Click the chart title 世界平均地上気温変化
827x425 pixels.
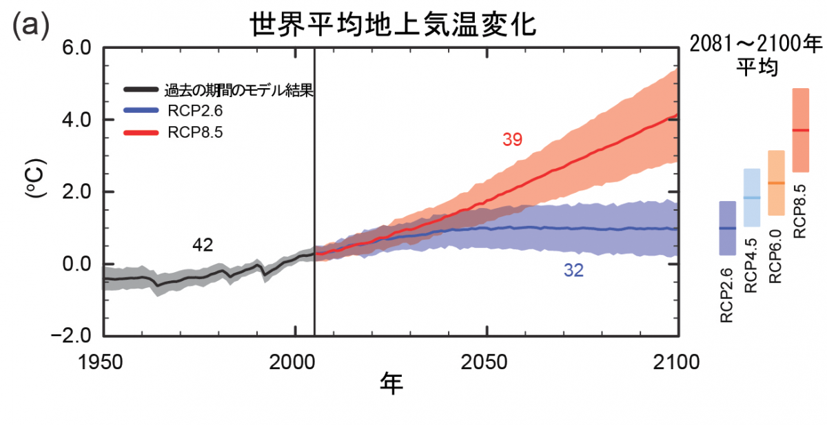pyautogui.click(x=393, y=25)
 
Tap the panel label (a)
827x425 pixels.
pyautogui.click(x=30, y=25)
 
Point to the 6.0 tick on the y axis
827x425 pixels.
pyautogui.click(x=76, y=48)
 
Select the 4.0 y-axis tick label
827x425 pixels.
pyautogui.click(x=76, y=121)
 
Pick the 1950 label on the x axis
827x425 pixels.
pyautogui.click(x=100, y=362)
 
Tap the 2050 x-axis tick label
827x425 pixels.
pyautogui.click(x=484, y=362)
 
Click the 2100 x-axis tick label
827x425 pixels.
pyautogui.click(x=676, y=362)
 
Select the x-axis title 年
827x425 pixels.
pyautogui.click(x=391, y=384)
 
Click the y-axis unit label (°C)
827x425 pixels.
pyautogui.click(x=36, y=178)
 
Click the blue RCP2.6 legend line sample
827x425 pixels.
pyautogui.click(x=141, y=110)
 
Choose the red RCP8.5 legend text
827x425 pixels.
pyautogui.click(x=195, y=132)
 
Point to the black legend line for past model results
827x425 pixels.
pyautogui.click(x=141, y=90)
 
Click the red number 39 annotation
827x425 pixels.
pyautogui.click(x=513, y=139)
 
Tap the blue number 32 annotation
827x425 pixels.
pyautogui.click(x=573, y=271)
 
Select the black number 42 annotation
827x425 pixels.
pyautogui.click(x=203, y=245)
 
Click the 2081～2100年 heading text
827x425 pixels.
pyautogui.click(x=756, y=44)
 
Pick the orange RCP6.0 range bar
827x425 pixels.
pyautogui.click(x=776, y=183)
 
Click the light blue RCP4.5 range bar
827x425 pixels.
pyautogui.click(x=752, y=198)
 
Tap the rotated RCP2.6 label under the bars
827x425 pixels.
pyautogui.click(x=726, y=296)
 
